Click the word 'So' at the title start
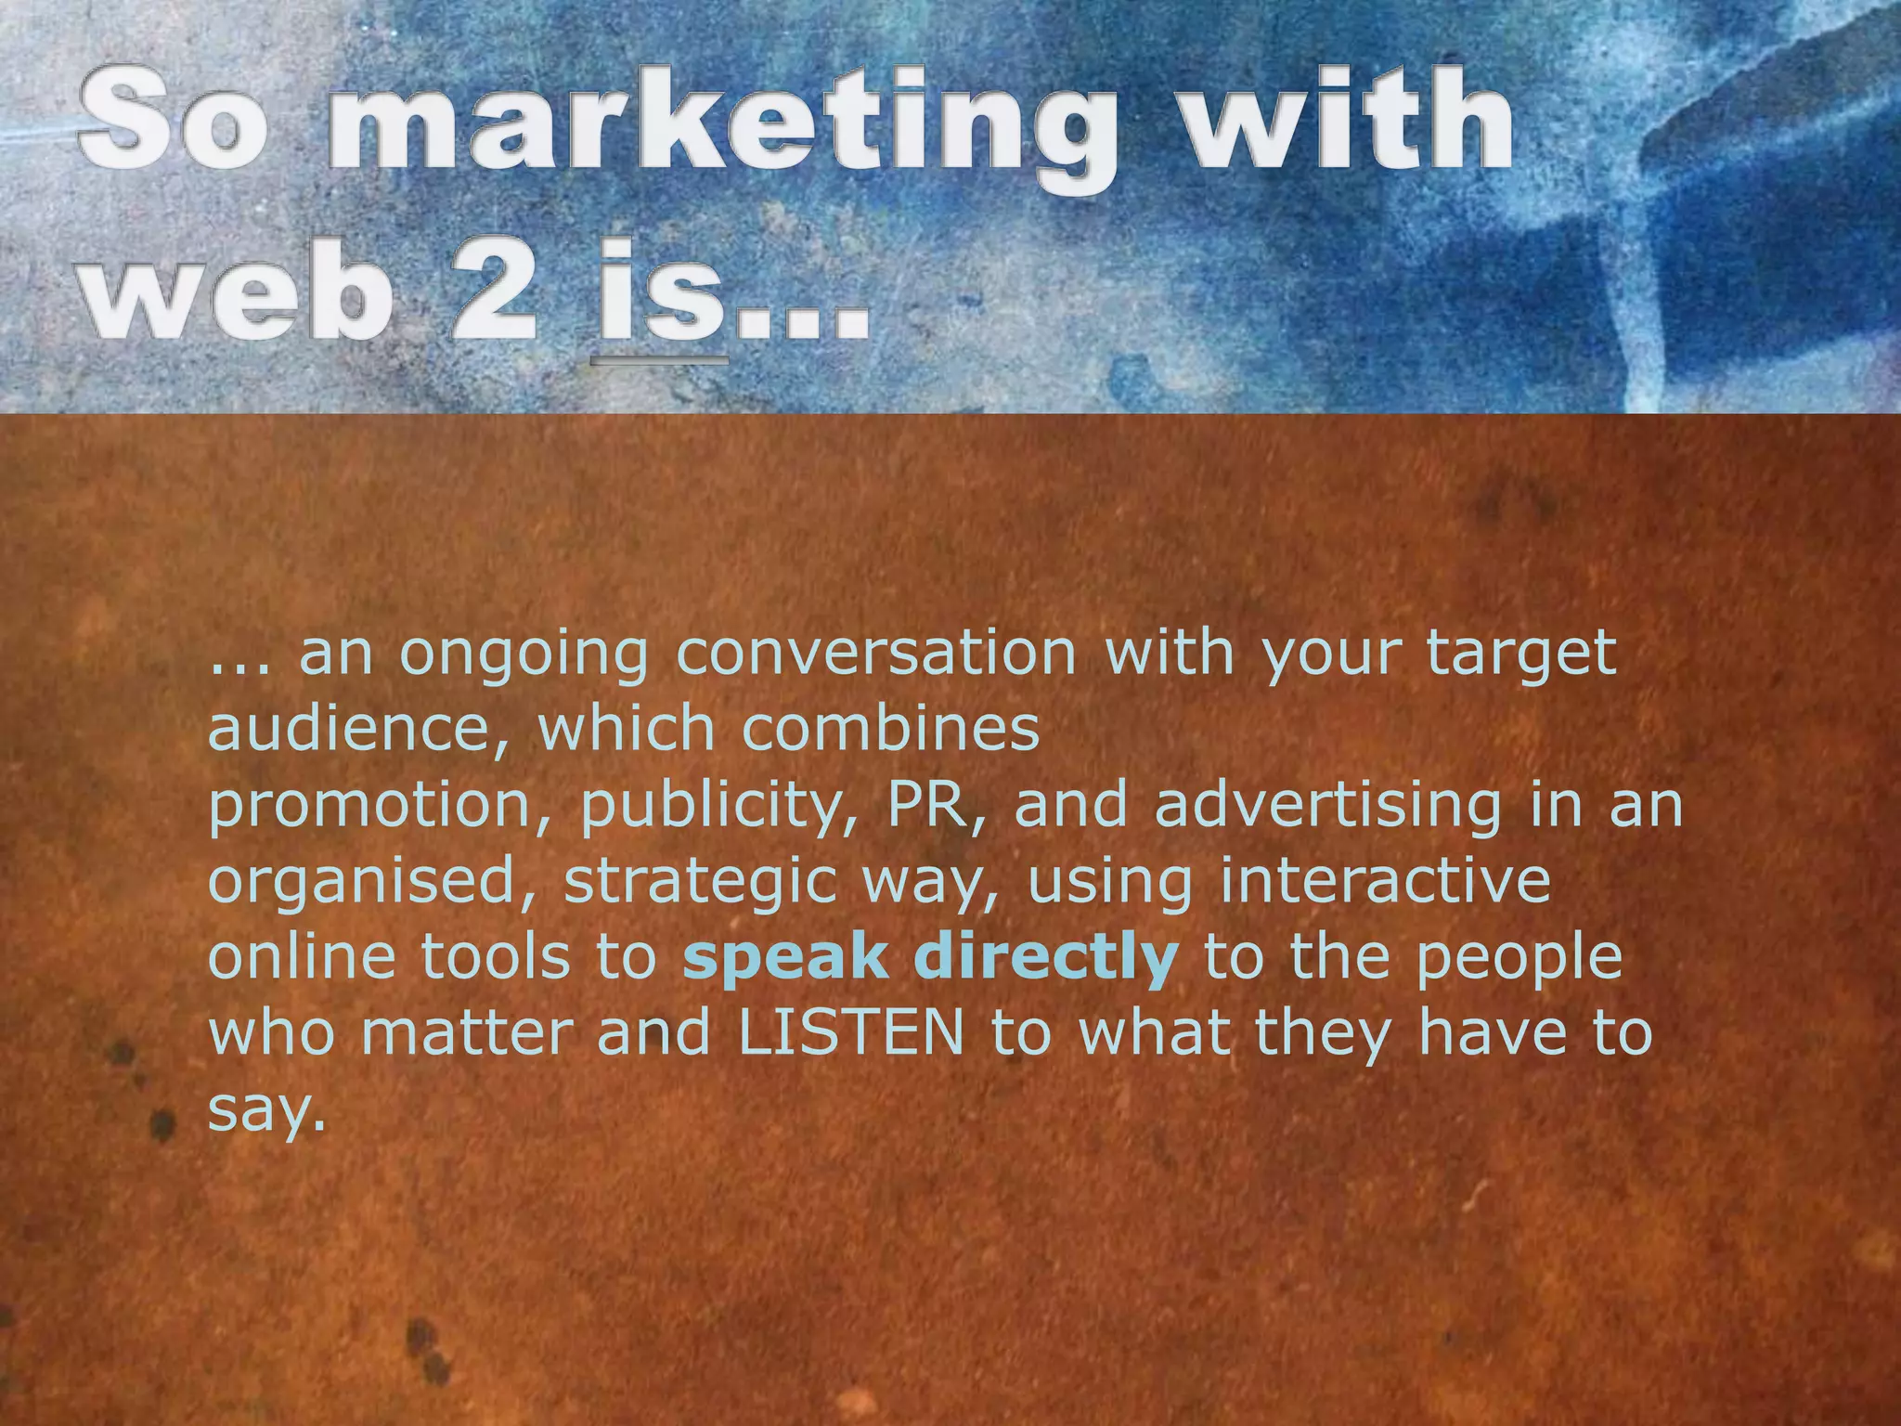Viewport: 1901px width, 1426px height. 171,121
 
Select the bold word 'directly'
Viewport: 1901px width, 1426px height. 1046,957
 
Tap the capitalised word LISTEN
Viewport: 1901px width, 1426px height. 851,1033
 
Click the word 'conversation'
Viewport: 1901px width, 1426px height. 876,653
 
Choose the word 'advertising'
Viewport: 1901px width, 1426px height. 1327,805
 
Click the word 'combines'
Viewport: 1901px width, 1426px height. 891,729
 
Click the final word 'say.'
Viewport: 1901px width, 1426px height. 267,1110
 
